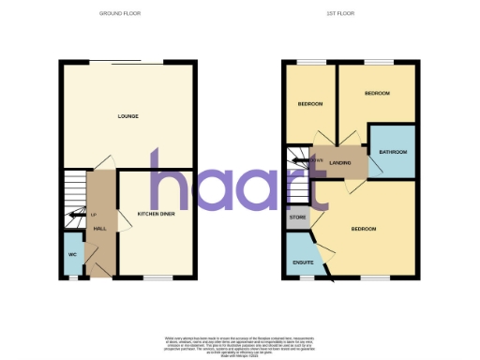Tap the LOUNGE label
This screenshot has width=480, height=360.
[x=128, y=116]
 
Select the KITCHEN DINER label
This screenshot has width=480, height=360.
[x=156, y=215]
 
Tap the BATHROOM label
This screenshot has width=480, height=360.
[x=392, y=151]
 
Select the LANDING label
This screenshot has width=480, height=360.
[x=340, y=162]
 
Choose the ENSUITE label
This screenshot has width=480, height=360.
[x=302, y=262]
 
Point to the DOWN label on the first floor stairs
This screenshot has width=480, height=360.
[x=315, y=160]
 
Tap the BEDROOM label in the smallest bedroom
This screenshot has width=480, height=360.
[x=309, y=102]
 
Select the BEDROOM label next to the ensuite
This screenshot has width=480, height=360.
[x=364, y=229]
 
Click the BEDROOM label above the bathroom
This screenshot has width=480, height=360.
[x=377, y=94]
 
